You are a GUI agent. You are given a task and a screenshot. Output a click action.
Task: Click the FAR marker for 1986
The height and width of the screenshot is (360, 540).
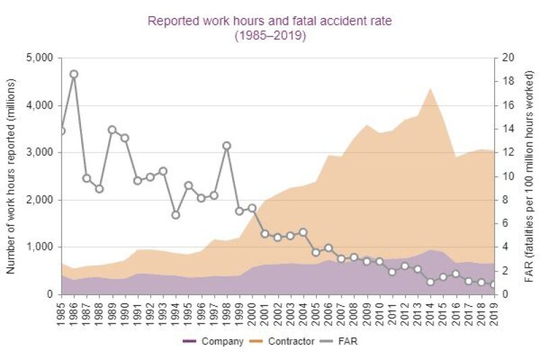point(74,74)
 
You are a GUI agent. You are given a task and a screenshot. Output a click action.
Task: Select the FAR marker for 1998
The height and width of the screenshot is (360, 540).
point(227,145)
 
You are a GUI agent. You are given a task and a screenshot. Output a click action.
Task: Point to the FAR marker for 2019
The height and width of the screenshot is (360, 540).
point(494,285)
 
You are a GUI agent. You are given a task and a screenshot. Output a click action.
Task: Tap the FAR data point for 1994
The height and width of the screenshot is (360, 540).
point(175,215)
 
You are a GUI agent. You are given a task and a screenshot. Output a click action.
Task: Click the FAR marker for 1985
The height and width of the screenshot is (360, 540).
point(61,131)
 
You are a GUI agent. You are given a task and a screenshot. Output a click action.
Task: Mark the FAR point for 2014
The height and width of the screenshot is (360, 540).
point(430,282)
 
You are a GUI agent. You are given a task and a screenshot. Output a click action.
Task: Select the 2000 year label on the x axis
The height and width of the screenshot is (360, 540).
point(252,311)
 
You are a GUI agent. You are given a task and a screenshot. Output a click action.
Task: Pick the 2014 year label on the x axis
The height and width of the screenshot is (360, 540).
point(431,311)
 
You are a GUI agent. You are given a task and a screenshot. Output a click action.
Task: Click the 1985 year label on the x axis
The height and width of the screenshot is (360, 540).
point(61,311)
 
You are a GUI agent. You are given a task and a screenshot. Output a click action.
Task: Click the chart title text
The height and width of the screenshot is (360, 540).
point(270,28)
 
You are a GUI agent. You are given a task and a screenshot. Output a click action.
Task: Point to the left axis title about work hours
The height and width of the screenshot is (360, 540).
point(11,176)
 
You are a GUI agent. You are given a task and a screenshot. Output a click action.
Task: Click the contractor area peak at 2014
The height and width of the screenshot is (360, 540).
point(430,88)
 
